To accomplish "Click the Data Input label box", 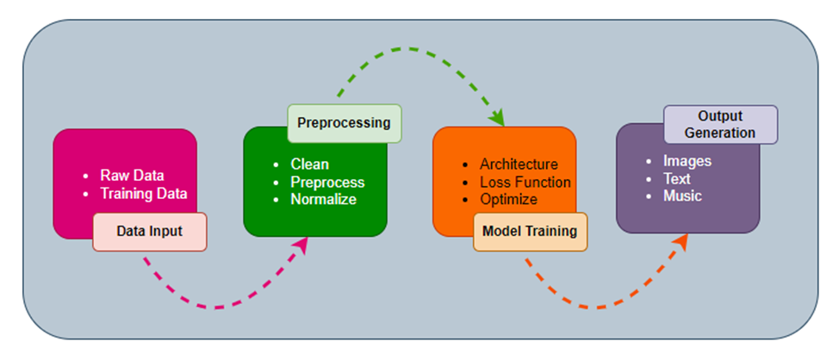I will tap(150, 232).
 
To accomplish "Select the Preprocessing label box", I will tap(344, 123).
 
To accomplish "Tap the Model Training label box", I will tap(530, 232).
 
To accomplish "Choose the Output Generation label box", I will tap(720, 125).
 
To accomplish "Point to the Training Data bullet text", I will tap(143, 193).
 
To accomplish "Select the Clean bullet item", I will tap(309, 164).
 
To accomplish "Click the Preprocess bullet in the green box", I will tap(327, 182).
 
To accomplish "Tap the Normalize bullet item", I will tap(323, 199).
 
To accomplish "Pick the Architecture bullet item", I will tap(519, 164).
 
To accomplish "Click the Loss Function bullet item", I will tap(525, 182).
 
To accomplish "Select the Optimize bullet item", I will tap(508, 199).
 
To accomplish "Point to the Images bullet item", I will tap(687, 160).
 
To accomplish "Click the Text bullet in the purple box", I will tap(678, 178).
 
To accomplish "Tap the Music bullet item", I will tap(682, 196).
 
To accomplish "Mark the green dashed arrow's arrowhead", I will tap(497, 118).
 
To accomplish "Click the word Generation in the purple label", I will tap(720, 133).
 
